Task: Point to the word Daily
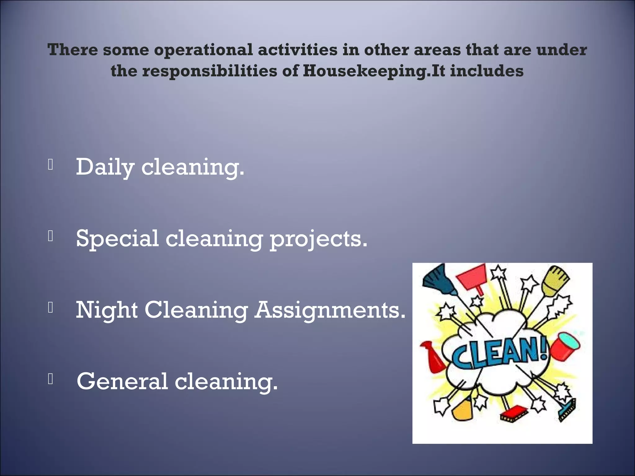105,167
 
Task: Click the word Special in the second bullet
117,239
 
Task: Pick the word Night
107,310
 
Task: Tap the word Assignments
330,310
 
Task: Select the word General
122,381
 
